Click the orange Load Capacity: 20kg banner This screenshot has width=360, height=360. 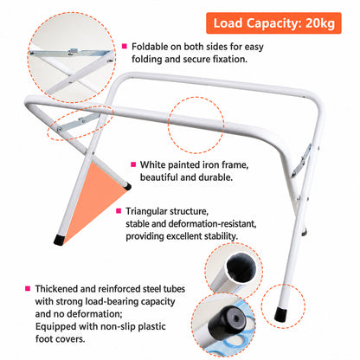point(273,23)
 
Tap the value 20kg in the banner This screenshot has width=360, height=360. point(320,23)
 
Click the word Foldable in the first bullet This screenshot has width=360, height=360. point(150,47)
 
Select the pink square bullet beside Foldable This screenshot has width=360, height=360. point(125,46)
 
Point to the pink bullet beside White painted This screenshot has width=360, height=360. point(133,164)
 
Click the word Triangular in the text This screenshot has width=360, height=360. point(147,211)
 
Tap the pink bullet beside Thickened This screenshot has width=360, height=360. point(28,288)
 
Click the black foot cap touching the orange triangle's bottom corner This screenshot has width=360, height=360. point(59,241)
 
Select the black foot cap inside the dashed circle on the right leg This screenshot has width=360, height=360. point(280,315)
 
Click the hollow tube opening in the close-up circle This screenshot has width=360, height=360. point(241,268)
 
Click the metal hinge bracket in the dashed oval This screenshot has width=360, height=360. point(78,122)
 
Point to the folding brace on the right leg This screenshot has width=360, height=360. point(301,160)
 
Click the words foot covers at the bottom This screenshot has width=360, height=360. point(60,338)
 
